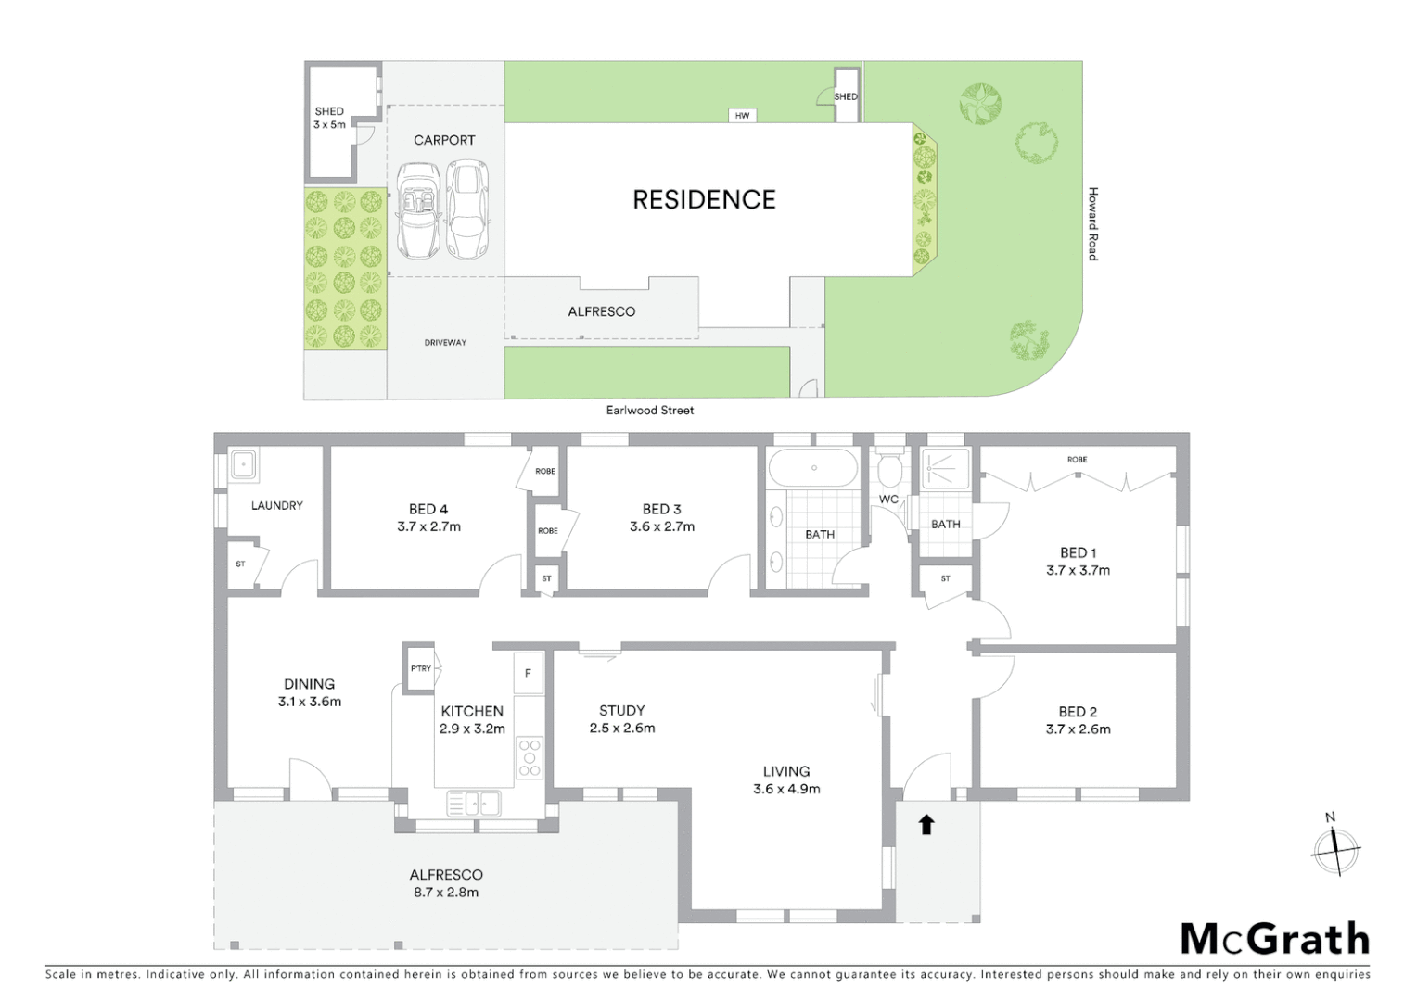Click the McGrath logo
coord(1274,940)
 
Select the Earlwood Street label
coord(649,410)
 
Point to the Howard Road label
coord(1092,223)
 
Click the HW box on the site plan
coord(742,116)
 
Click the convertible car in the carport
coord(418,211)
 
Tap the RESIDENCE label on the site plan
coord(704,199)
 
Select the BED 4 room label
coord(428,509)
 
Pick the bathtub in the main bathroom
coord(813,468)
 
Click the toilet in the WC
coord(889,471)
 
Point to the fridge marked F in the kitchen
coord(529,673)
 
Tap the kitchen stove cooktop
coord(530,757)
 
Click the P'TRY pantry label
coord(421,668)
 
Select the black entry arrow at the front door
coord(926,824)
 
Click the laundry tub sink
coord(244,464)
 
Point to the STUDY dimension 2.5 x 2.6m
coord(621,728)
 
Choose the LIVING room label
coord(786,771)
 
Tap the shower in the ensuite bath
coord(946,469)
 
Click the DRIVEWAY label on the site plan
coord(445,343)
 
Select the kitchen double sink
coord(473,803)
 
